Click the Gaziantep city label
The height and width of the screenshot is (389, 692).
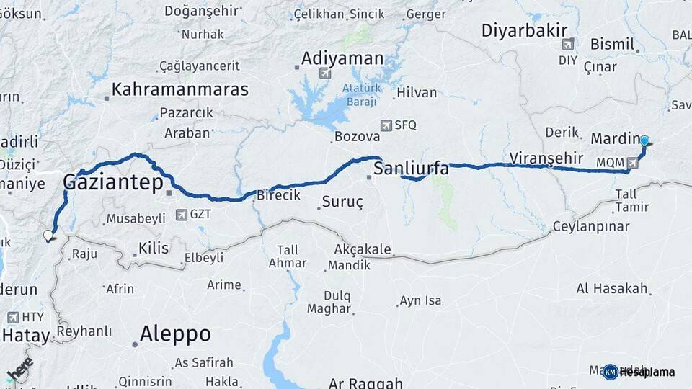(113, 182)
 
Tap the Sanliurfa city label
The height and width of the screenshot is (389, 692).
(411, 169)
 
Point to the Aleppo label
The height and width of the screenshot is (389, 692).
(175, 334)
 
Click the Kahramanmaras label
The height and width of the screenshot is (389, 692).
(179, 90)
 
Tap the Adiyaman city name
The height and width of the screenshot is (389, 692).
(342, 58)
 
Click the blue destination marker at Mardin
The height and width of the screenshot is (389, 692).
(644, 141)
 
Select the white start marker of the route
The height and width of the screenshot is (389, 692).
(48, 235)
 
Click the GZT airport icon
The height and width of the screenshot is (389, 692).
(182, 214)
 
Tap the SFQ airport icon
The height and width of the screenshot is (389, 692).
(386, 125)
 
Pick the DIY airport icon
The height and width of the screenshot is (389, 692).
(569, 43)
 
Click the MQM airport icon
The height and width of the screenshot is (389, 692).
(632, 163)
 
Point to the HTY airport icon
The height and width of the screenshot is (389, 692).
(13, 317)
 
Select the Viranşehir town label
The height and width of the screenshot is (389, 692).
(546, 158)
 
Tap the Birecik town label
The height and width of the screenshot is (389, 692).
(278, 195)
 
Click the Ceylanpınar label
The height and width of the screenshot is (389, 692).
(591, 226)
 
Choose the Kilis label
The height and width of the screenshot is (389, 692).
(154, 249)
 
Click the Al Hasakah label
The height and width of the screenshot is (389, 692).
(612, 288)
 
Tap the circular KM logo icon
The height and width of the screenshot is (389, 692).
(611, 372)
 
